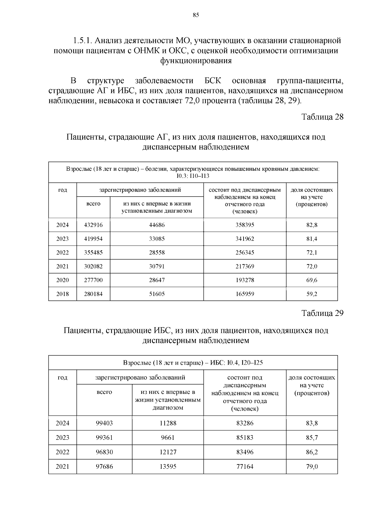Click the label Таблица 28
click(322, 117)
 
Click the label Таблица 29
click(322, 313)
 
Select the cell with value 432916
click(93, 225)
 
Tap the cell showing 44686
click(157, 225)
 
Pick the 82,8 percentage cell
click(312, 225)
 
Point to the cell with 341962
click(245, 239)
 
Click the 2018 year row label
click(62, 294)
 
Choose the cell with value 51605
click(157, 294)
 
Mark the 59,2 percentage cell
click(312, 294)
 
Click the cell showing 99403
click(104, 423)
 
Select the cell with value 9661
click(168, 438)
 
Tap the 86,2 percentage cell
click(312, 452)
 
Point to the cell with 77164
click(245, 467)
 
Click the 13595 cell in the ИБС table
click(168, 467)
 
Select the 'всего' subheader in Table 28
click(93, 204)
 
